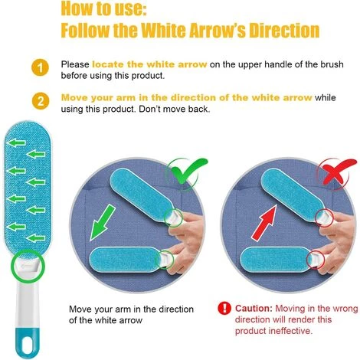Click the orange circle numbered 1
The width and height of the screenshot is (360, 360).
coord(40,68)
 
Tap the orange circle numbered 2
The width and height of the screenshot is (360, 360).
coord(41,101)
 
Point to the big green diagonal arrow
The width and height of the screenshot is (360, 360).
coord(103,222)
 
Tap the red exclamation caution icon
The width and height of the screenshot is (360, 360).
coord(224,308)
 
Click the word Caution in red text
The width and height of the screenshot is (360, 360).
coord(254,309)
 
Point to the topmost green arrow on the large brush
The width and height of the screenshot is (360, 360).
coord(16,142)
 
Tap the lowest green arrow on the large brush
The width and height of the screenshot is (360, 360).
coord(36,238)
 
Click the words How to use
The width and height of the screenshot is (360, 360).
coord(103,8)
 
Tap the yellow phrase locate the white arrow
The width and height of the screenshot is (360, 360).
coord(149,64)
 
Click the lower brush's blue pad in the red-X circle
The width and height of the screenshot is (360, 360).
coord(275,260)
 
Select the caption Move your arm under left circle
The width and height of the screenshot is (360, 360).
coord(131,314)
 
